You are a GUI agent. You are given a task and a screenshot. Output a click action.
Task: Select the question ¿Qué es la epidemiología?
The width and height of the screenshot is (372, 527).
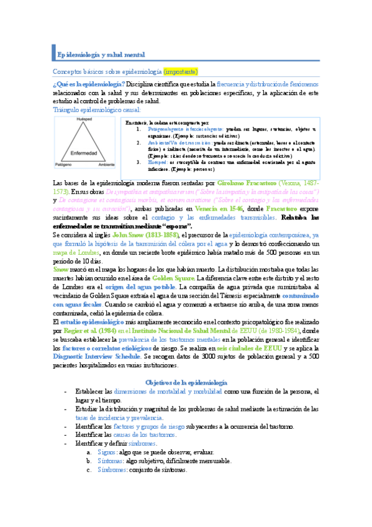(88, 84)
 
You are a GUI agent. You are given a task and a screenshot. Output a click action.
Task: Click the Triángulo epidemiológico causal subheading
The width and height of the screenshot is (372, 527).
(97, 109)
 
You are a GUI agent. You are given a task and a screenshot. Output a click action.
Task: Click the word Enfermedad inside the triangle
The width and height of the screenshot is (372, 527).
(83, 152)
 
